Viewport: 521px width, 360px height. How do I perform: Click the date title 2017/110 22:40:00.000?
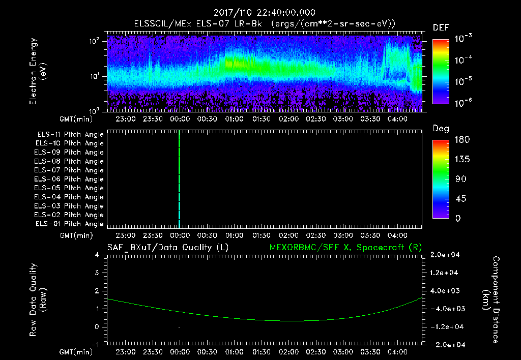click(x=264, y=13)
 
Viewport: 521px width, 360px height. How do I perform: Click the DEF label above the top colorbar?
click(x=441, y=28)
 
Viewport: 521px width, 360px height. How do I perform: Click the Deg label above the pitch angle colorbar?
click(x=441, y=129)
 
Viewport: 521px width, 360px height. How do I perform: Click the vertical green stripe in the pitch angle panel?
click(x=180, y=178)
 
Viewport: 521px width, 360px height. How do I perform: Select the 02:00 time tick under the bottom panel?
click(x=288, y=352)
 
